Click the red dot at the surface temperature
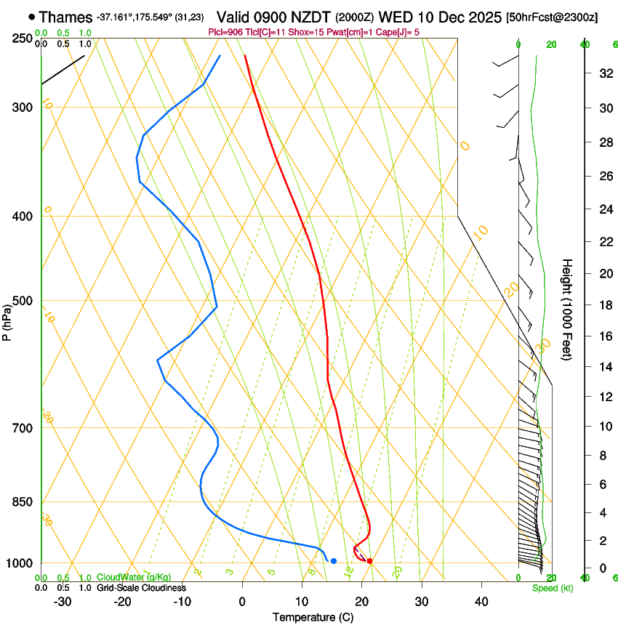point(370,561)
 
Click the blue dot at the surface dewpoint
point(334,561)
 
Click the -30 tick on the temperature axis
point(63,602)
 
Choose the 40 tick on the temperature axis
point(481,602)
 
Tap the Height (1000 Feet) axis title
point(567,310)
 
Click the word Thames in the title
point(65,17)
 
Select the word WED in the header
point(397,17)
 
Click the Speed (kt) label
point(552,588)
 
